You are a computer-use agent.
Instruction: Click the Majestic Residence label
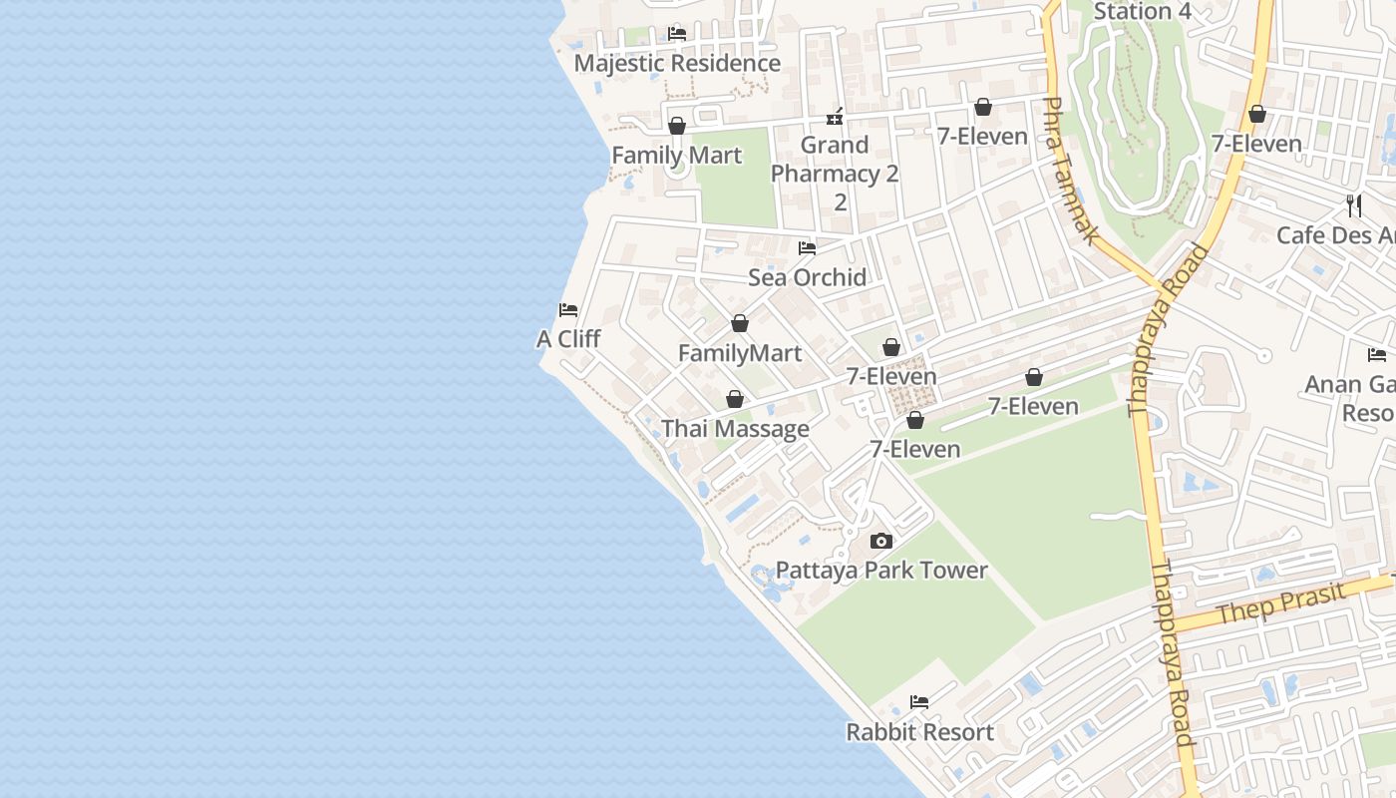pos(677,63)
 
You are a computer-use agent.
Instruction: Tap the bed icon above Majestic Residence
pos(677,34)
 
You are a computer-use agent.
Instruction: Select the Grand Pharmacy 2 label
pos(835,160)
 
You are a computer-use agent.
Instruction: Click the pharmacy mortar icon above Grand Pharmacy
pos(835,117)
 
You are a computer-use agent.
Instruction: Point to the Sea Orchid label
pos(807,277)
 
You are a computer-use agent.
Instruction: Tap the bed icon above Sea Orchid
pos(807,248)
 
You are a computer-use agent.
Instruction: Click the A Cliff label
pos(568,339)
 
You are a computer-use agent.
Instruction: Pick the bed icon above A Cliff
pos(568,310)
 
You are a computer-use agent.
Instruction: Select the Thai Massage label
pos(735,429)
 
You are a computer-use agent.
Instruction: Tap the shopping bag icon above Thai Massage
pos(735,400)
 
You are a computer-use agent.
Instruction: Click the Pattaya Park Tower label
pos(881,571)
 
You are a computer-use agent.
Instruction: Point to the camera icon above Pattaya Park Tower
pos(881,542)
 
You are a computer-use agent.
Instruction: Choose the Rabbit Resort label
pos(919,732)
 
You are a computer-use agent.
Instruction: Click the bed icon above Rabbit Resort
pos(919,703)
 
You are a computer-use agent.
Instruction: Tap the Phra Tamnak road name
pos(1070,171)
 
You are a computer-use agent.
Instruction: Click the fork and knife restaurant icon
pos(1354,206)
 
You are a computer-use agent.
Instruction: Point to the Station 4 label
pos(1142,12)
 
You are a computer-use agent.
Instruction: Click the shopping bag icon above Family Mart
pos(677,127)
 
